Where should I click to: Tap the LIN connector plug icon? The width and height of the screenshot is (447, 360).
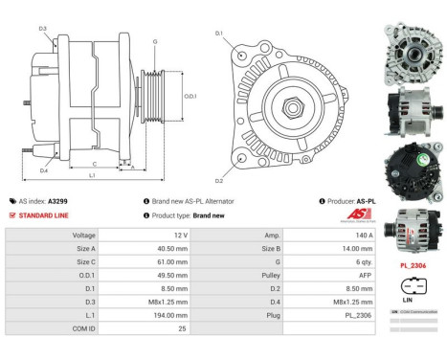(x=413, y=284)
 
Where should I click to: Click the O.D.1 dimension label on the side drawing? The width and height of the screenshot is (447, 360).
(x=190, y=96)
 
